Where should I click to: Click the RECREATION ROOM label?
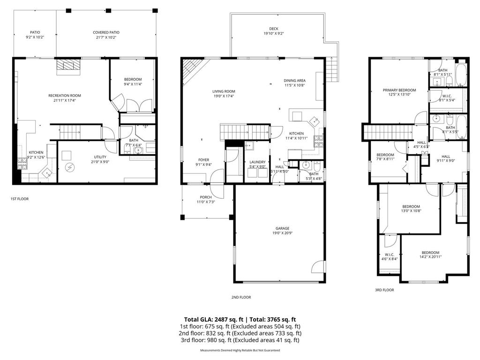pos(61,96)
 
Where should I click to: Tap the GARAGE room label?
pos(282,228)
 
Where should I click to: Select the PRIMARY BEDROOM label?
pos(399,90)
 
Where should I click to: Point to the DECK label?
pos(274,28)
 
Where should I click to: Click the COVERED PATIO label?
pos(106,32)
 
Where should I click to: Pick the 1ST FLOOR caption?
pos(20,199)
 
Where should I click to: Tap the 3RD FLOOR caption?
pos(384,290)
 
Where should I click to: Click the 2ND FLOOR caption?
pos(241,297)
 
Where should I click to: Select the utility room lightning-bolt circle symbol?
pos(71,167)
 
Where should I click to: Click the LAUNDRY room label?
pos(257,162)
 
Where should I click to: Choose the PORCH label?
pos(205,197)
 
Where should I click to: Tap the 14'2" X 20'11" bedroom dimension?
pos(430,257)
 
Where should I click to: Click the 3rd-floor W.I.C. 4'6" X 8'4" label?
pos(389,257)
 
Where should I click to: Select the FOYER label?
pos(203,160)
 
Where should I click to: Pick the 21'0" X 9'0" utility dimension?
pos(100,162)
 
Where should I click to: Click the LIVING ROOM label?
pos(224,91)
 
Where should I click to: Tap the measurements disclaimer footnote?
pos(240,350)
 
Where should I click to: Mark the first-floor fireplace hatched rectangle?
pos(68,67)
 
